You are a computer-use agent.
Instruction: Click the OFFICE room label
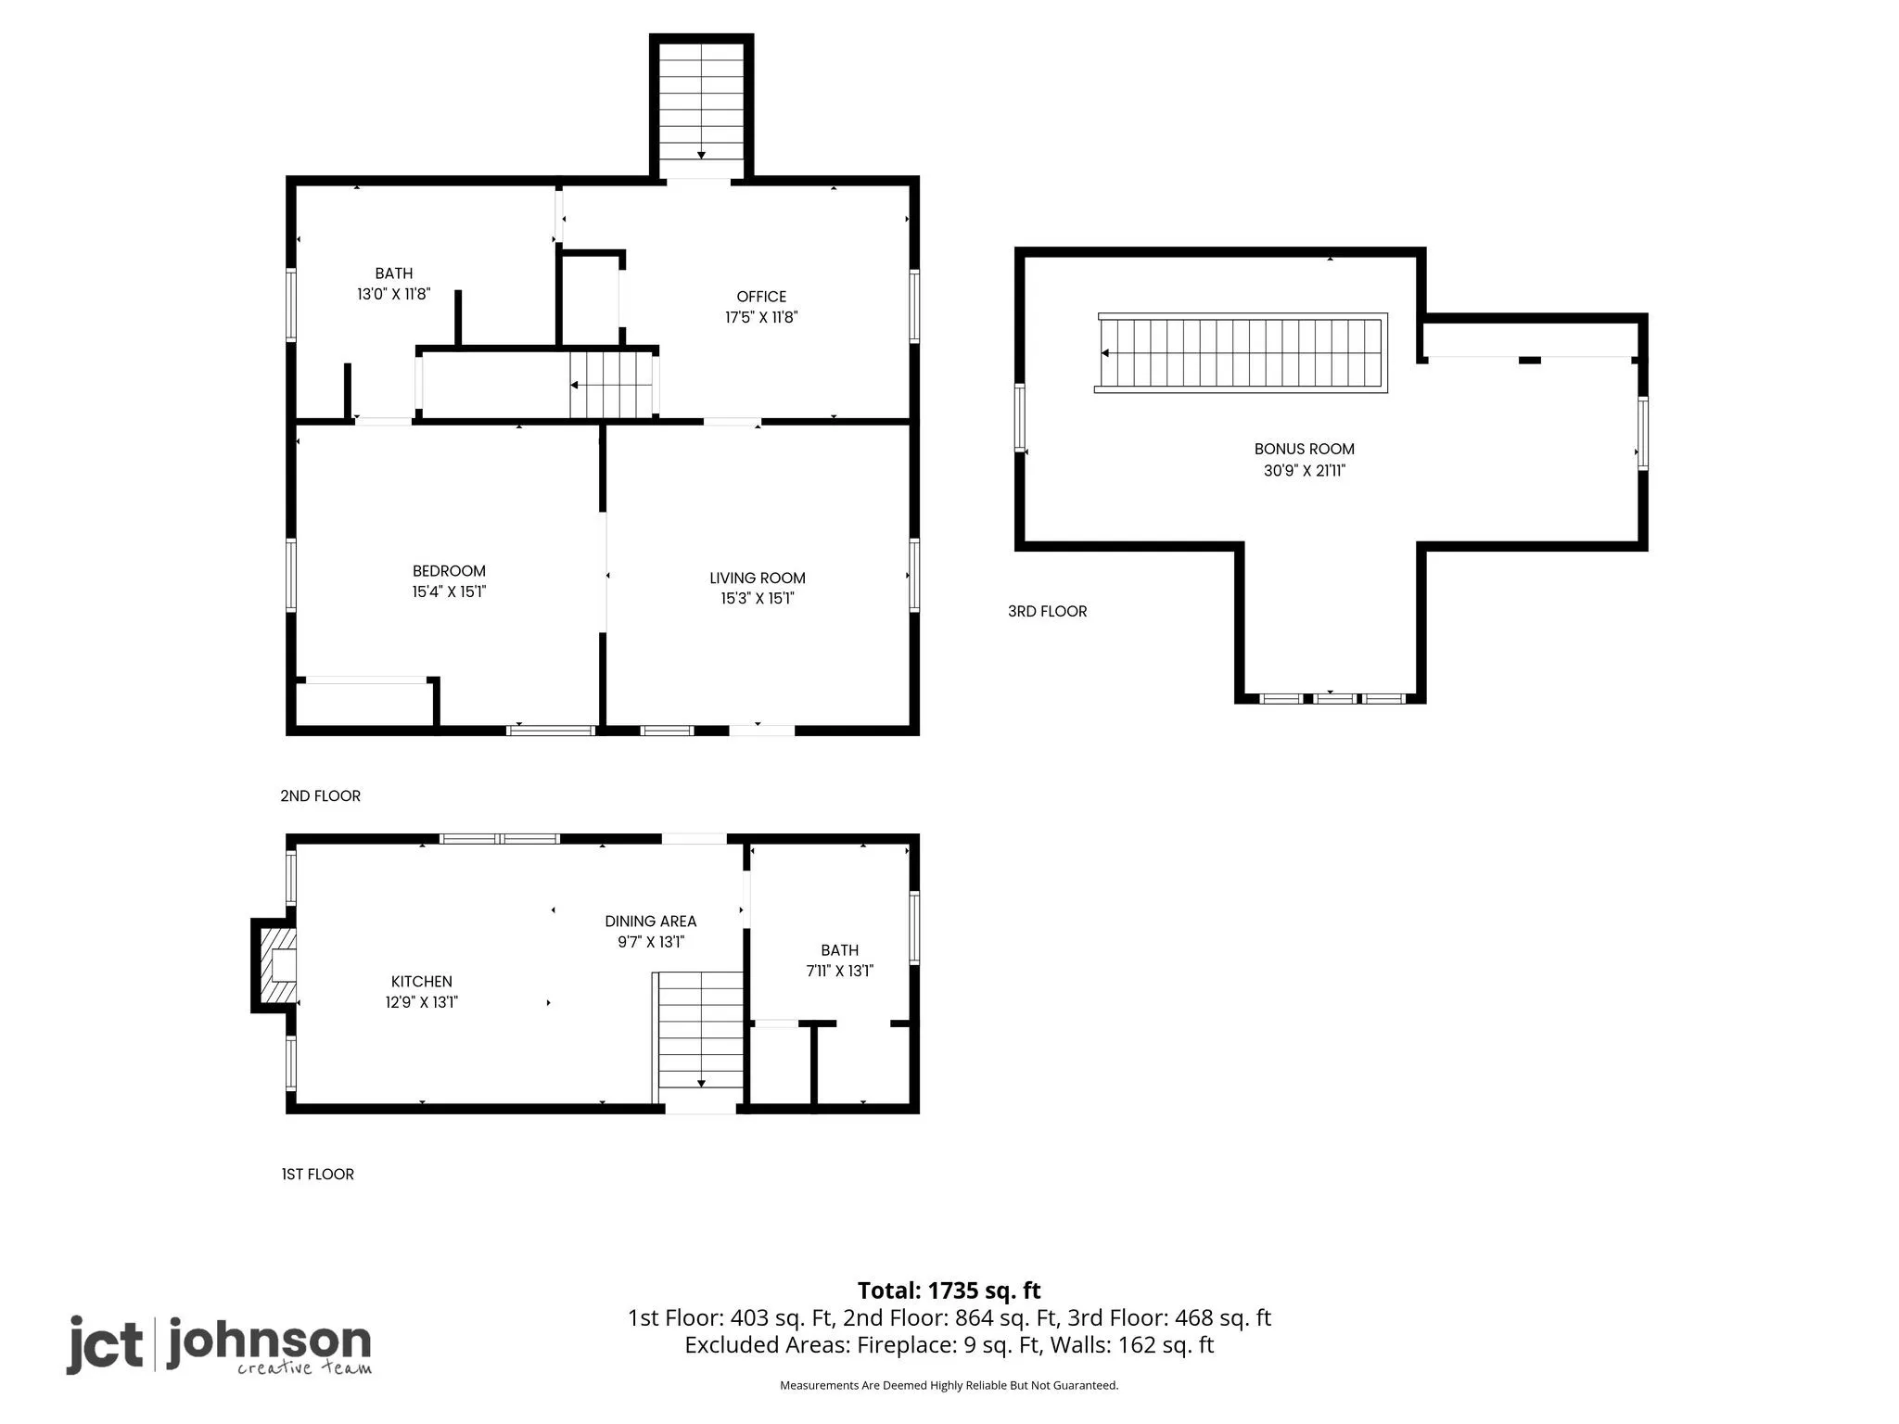761,297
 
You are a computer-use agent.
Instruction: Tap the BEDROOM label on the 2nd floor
449,571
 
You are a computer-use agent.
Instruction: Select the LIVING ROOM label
758,578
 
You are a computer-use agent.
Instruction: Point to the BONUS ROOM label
1304,449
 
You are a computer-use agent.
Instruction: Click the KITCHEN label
422,981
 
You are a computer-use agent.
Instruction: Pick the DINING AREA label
650,922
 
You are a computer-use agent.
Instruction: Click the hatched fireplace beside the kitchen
275,966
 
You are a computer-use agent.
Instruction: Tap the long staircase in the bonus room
1241,353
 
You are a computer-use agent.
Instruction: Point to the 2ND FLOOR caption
320,795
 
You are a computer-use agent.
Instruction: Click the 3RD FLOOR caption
1047,611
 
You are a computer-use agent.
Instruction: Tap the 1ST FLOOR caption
317,1174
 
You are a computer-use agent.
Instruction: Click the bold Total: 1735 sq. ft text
949,1290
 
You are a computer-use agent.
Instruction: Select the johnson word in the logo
269,1341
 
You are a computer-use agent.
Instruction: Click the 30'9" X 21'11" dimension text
1304,470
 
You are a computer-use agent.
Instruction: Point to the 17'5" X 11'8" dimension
761,317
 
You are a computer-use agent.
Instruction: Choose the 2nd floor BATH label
394,273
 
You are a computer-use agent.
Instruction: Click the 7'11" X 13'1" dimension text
839,971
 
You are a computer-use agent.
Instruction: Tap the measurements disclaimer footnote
949,1385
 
